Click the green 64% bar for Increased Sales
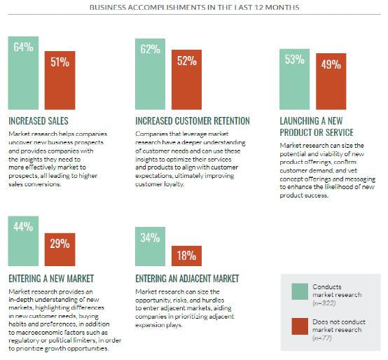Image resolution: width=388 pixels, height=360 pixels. [23, 73]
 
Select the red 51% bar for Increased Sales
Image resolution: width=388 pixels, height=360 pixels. [60, 81]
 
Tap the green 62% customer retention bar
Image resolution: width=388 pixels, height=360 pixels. [150, 74]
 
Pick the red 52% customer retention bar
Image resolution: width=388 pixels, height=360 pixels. [186, 80]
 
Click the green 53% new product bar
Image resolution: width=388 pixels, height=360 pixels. [294, 79]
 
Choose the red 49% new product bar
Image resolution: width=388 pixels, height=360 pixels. [331, 81]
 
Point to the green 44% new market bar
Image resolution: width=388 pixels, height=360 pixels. [23, 241]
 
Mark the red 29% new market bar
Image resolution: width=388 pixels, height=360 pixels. [60, 249]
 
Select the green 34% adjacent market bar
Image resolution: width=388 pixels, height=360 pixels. [150, 247]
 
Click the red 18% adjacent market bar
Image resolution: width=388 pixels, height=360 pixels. [186, 256]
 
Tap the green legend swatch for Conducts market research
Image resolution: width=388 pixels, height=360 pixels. [300, 291]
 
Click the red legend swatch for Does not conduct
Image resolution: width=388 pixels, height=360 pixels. [300, 326]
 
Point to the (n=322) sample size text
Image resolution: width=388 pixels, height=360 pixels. [324, 303]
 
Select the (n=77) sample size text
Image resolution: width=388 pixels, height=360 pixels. [322, 338]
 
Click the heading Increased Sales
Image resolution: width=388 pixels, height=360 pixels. [39, 121]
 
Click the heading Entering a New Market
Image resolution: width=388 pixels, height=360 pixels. [51, 279]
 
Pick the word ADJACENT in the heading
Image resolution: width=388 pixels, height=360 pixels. [194, 279]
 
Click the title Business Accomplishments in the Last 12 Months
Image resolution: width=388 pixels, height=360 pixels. [194, 7]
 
